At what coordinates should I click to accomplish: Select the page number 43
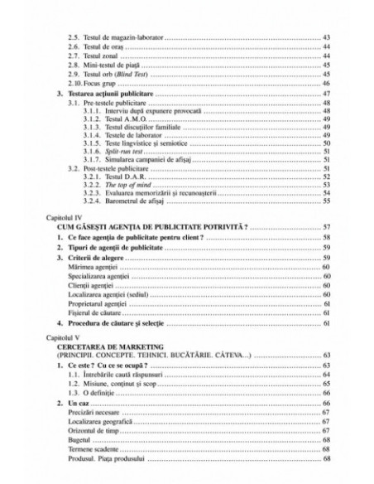(x=326, y=39)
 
